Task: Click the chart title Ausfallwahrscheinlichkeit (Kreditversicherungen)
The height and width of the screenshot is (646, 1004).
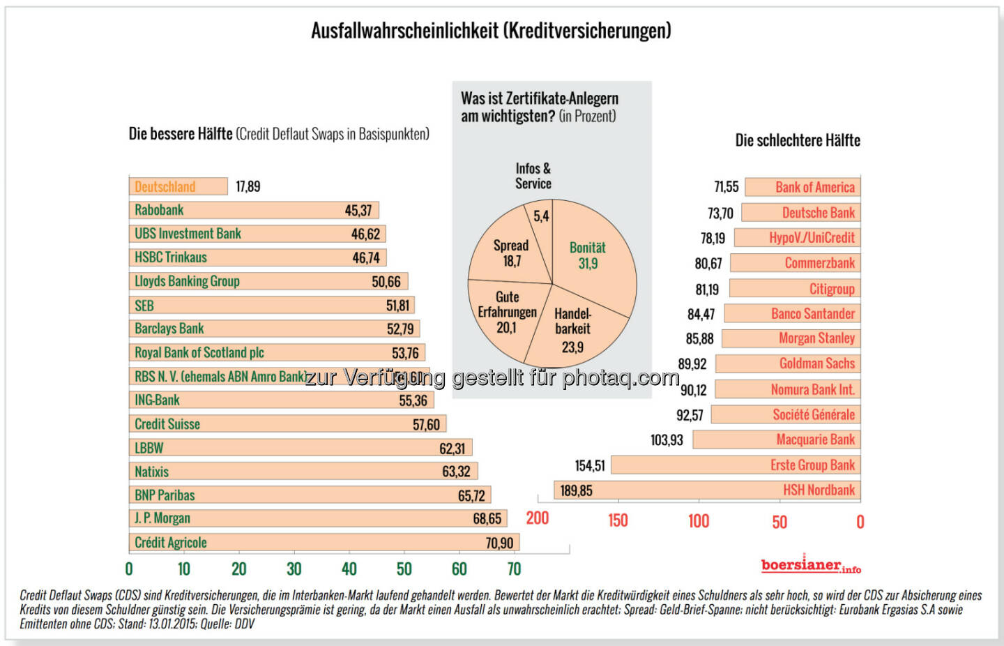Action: tap(491, 31)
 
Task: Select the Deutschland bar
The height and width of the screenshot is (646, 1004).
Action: tap(178, 186)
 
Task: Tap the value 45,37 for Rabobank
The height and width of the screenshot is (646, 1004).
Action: tap(358, 210)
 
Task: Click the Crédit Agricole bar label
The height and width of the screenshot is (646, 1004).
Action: tap(171, 543)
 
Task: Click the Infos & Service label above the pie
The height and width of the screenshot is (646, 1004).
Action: tap(533, 176)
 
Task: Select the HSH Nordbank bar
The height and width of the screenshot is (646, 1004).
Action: tap(707, 490)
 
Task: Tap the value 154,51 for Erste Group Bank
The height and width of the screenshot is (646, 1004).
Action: tap(590, 465)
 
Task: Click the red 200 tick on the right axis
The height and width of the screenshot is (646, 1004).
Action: tap(538, 518)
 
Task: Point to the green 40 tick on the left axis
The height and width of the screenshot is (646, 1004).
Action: tap(349, 569)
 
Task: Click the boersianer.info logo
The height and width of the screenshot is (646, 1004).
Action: tap(810, 565)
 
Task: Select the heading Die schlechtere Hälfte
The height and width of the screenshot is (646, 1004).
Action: tap(798, 140)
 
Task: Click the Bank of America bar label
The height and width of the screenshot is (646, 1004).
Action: tap(814, 187)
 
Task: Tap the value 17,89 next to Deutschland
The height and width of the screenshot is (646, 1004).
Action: tap(248, 186)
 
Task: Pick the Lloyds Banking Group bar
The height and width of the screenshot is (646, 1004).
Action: tap(268, 281)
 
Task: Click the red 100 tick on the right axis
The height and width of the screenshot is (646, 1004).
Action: tap(699, 521)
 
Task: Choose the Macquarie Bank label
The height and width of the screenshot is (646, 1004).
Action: tap(815, 440)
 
